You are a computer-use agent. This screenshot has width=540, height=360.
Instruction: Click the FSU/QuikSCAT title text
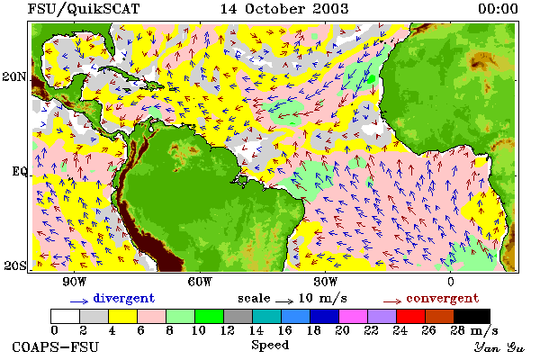[84, 9]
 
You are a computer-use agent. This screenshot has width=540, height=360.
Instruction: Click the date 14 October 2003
[284, 9]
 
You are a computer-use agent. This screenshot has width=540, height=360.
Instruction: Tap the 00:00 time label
[498, 9]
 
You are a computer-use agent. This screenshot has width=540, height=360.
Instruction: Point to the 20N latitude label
[14, 76]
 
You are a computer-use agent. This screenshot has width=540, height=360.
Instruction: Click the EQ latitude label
[20, 172]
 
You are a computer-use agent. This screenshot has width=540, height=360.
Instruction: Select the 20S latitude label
[14, 265]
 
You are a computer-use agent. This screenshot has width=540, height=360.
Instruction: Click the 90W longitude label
[74, 282]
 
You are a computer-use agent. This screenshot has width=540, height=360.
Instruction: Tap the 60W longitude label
[200, 282]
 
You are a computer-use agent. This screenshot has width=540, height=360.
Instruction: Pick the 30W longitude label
[326, 282]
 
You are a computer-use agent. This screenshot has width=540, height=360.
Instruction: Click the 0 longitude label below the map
[451, 282]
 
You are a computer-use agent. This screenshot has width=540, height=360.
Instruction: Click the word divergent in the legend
[124, 298]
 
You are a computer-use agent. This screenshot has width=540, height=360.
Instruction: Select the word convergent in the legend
[443, 298]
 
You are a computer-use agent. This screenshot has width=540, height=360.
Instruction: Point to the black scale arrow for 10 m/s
[284, 301]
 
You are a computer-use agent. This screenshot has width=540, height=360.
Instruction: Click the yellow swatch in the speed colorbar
[123, 316]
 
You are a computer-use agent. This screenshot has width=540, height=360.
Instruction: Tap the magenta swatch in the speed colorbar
[354, 316]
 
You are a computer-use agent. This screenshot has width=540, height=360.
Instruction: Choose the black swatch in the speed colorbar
[472, 316]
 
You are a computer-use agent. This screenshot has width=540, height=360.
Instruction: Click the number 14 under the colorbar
[256, 330]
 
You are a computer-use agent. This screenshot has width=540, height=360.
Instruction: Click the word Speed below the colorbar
[270, 346]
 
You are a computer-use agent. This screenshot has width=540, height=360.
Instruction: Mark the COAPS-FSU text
[56, 346]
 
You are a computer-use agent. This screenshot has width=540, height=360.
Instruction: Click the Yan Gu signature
[499, 347]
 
